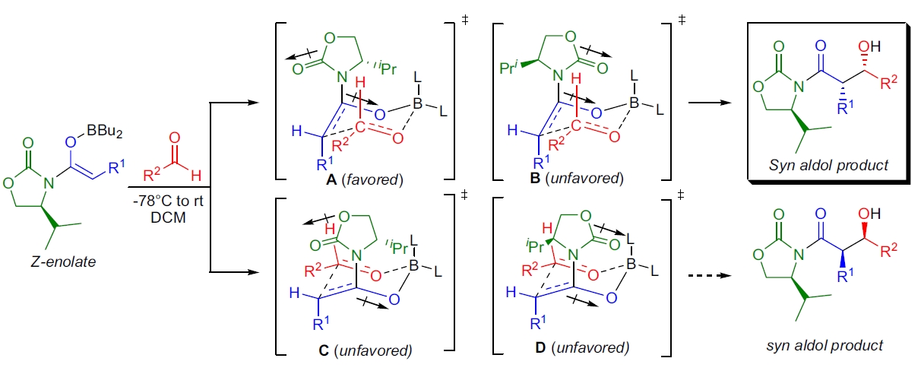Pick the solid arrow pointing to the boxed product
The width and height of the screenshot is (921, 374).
699,107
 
